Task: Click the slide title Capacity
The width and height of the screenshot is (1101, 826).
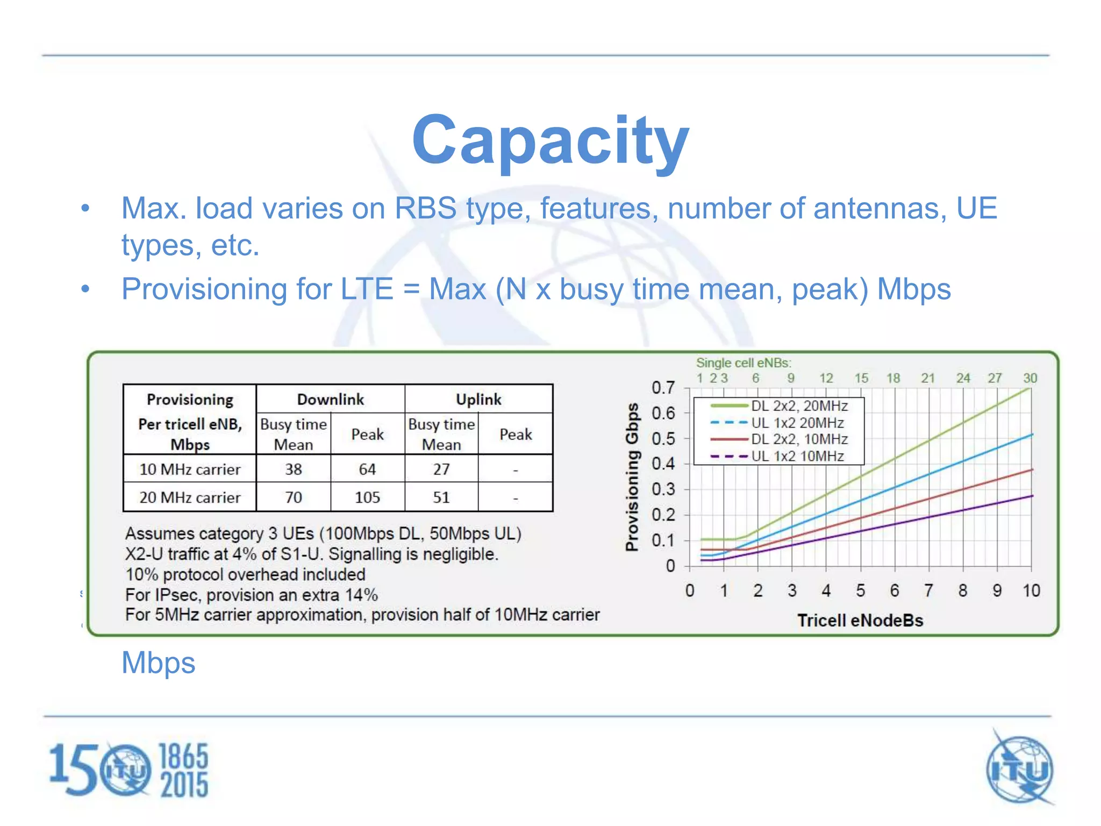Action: point(550,141)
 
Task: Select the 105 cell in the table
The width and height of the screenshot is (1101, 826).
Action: point(367,497)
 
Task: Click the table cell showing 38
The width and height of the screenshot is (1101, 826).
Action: point(293,469)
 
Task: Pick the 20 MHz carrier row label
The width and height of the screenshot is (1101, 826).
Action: point(190,497)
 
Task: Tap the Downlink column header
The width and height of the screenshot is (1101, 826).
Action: point(330,399)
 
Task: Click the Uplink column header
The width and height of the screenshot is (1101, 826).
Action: point(478,399)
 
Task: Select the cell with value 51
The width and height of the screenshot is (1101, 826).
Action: point(441,497)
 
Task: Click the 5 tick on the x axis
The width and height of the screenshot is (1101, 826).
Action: point(860,590)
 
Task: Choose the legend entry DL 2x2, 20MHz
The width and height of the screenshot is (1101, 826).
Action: point(799,406)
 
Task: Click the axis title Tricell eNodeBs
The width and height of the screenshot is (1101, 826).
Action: point(860,620)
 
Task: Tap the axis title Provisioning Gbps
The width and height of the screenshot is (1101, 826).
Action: point(632,476)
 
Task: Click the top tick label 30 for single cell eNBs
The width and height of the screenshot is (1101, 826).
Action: point(1029,378)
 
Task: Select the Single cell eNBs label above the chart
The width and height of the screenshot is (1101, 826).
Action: point(743,363)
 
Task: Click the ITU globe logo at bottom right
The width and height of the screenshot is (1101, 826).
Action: point(1019,769)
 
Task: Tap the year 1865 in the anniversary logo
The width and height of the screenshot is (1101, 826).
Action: point(184,756)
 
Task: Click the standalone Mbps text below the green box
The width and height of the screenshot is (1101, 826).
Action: point(158,663)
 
